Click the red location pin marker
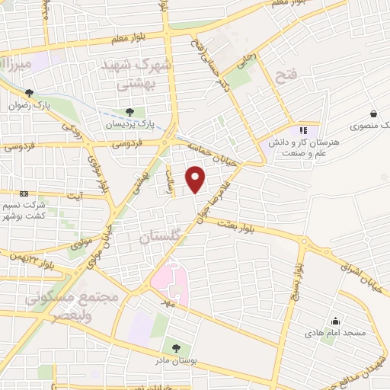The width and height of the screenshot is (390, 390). (x=197, y=180)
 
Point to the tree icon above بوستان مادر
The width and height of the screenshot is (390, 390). (x=177, y=348)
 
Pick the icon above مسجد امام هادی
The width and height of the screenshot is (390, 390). (x=336, y=321)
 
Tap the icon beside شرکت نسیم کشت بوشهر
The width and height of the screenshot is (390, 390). (x=23, y=193)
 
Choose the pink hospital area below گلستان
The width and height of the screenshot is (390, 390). (x=172, y=281)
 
